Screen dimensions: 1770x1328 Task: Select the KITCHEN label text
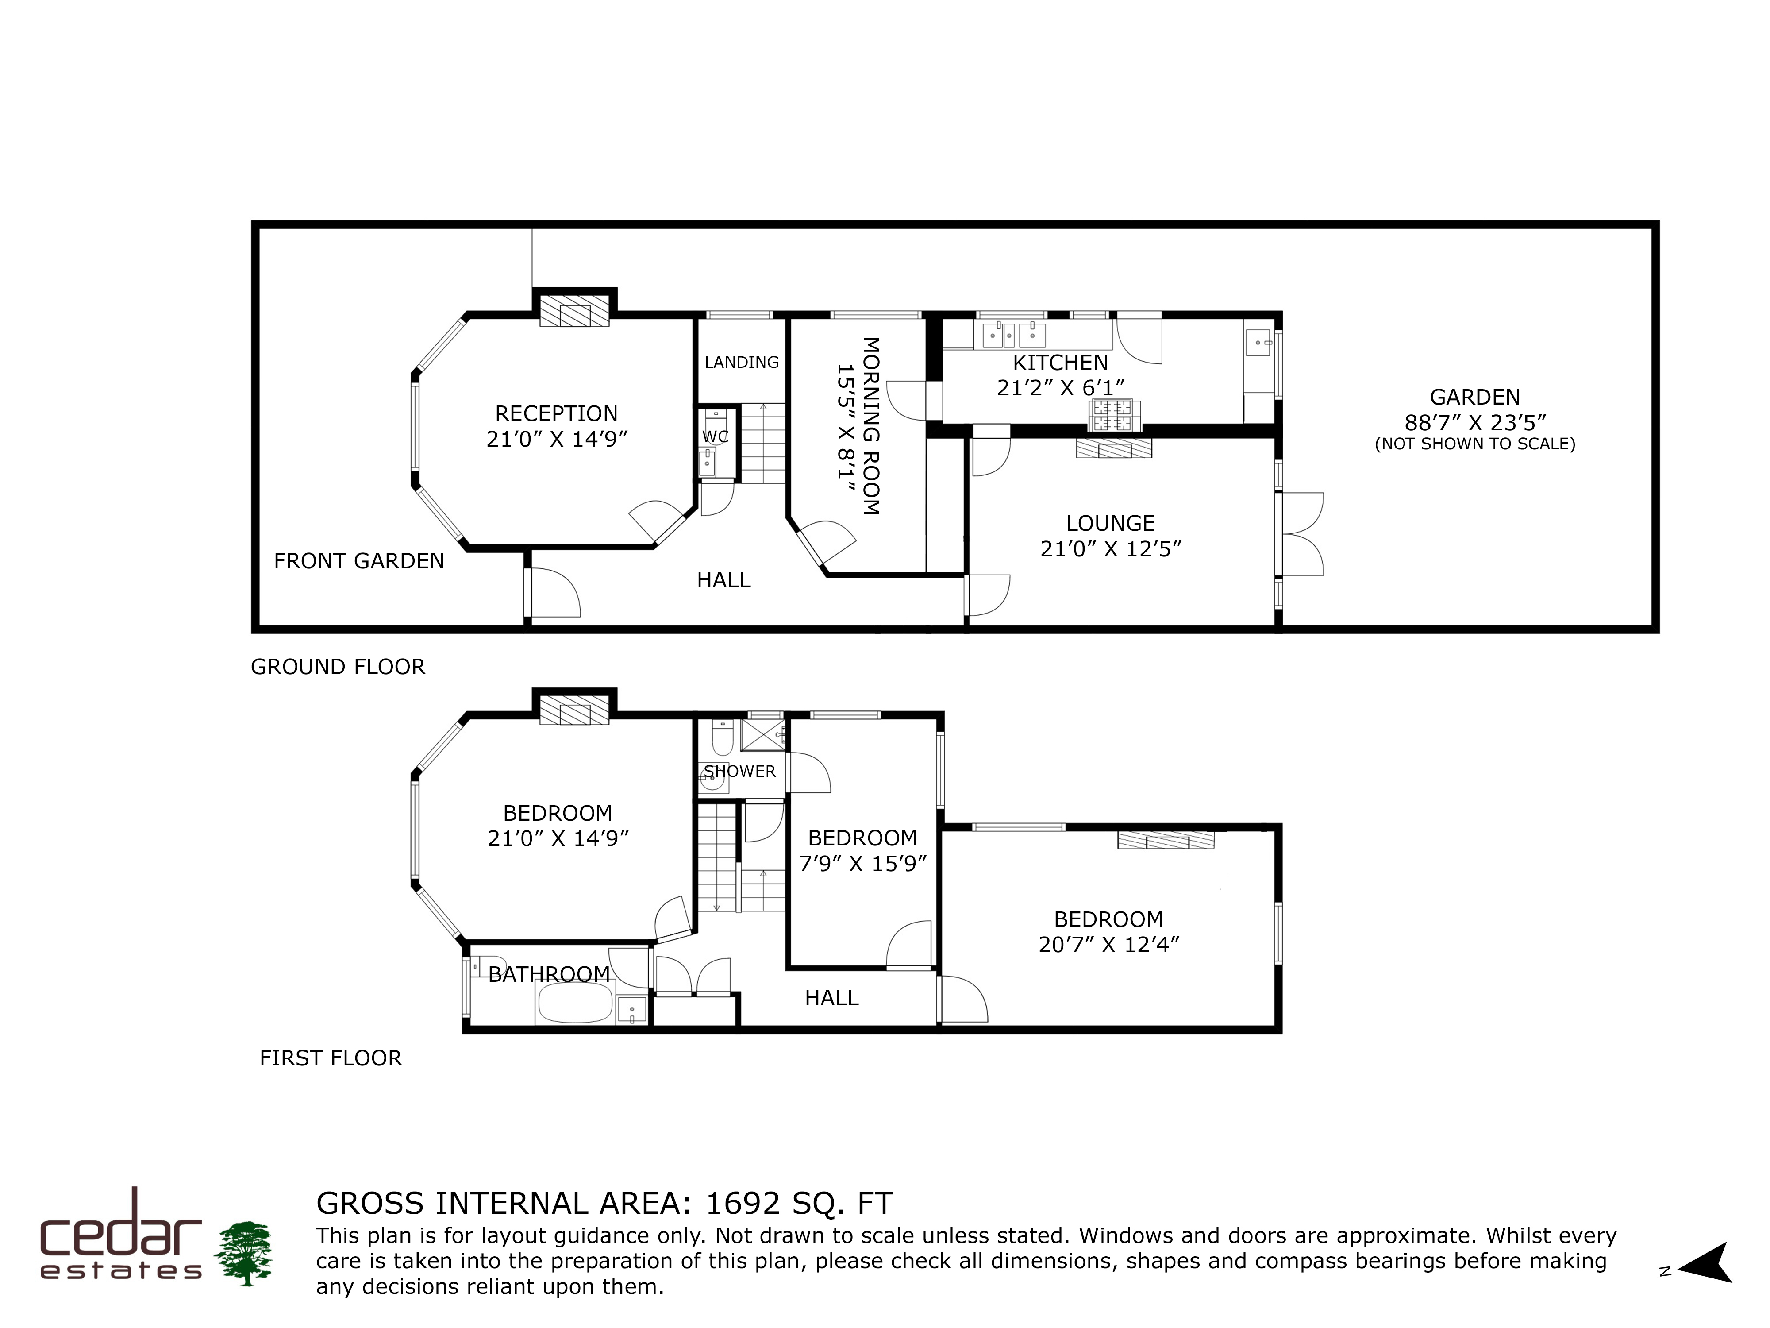click(x=1060, y=363)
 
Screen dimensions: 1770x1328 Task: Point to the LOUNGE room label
click(x=1111, y=524)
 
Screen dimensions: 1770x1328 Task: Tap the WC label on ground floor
click(x=716, y=436)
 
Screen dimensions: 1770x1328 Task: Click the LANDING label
click(x=742, y=363)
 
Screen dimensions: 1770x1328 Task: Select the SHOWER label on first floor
click(x=740, y=772)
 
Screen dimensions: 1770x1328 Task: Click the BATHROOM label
click(x=549, y=974)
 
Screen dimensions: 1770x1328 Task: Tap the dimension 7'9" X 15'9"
click(x=862, y=864)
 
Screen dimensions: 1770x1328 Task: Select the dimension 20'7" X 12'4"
click(x=1109, y=945)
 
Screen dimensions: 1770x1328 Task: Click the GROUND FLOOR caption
click(x=338, y=667)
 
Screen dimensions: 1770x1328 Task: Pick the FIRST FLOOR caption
click(x=331, y=1058)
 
